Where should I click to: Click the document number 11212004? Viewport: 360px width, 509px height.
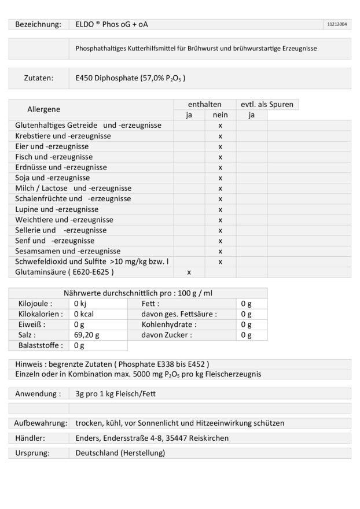(x=337, y=24)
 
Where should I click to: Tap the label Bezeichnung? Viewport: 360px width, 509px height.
(x=38, y=24)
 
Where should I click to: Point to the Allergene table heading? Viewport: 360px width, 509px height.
(x=44, y=109)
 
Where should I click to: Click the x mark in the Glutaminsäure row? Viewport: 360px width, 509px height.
(x=189, y=272)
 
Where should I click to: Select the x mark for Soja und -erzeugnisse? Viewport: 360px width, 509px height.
(x=220, y=178)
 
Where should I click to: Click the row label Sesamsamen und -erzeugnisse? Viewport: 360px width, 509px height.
(x=68, y=251)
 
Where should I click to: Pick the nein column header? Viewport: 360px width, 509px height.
(x=220, y=115)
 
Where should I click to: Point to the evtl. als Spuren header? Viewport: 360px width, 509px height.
(x=267, y=105)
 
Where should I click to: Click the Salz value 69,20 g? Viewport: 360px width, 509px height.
(x=86, y=335)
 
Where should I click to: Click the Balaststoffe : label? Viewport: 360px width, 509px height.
(x=38, y=345)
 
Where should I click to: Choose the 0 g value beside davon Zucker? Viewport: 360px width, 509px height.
(x=246, y=335)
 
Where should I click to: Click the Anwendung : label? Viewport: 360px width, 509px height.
(x=36, y=394)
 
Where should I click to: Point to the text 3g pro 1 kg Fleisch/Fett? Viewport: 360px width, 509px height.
(x=115, y=394)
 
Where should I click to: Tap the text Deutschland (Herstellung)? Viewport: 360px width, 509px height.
(x=120, y=453)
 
